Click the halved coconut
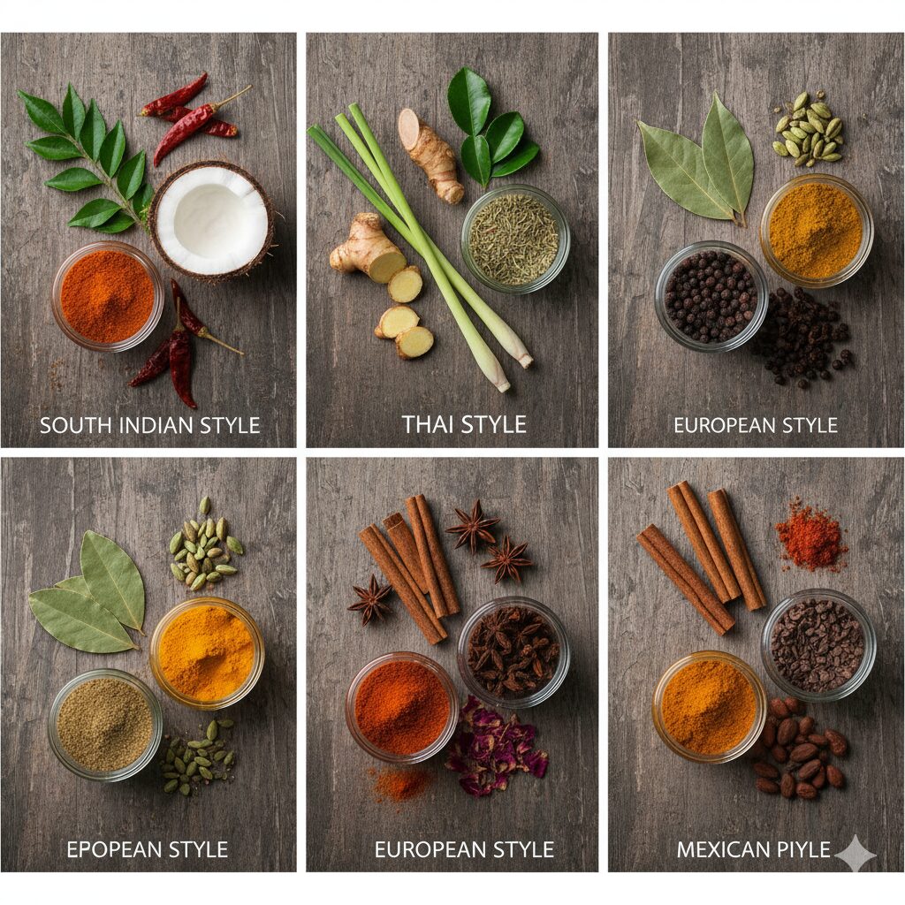click(211, 221)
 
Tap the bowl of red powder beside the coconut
click(107, 296)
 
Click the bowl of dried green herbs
click(515, 239)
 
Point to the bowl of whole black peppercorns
click(711, 296)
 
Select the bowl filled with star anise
click(513, 651)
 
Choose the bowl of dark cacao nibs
click(818, 644)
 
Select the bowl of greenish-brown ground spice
click(105, 725)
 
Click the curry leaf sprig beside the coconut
click(87, 159)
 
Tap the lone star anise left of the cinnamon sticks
click(370, 600)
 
